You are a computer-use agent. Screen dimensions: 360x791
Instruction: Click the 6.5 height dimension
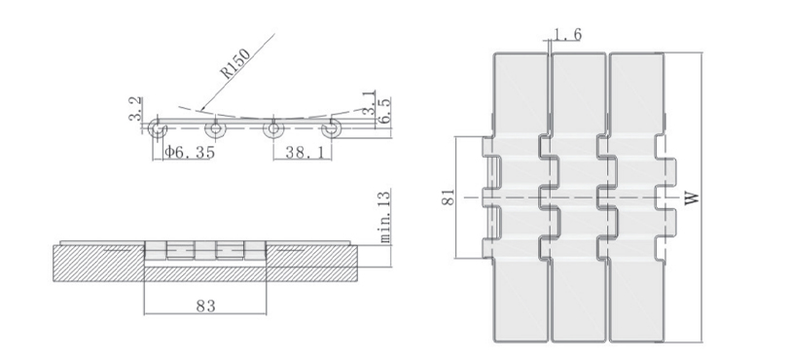[384, 110]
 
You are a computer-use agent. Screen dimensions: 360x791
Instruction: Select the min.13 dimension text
[383, 215]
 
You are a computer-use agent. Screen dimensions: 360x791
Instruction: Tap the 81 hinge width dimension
[446, 198]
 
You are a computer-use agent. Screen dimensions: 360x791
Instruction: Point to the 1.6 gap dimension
[566, 36]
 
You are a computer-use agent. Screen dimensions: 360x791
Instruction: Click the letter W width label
[693, 198]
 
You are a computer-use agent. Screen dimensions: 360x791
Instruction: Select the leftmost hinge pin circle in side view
[160, 128]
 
